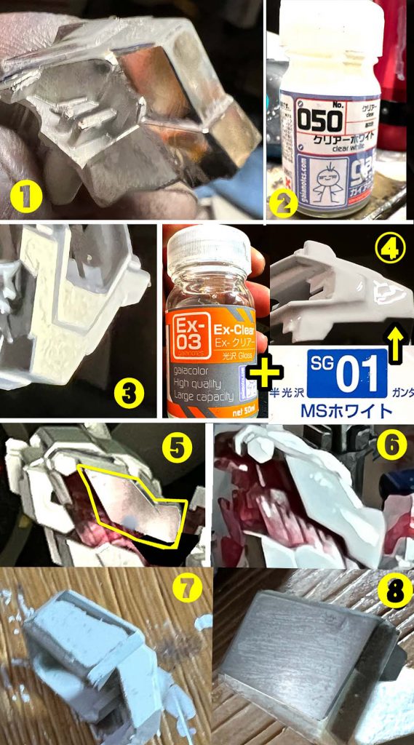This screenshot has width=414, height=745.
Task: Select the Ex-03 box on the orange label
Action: click(x=190, y=338)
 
